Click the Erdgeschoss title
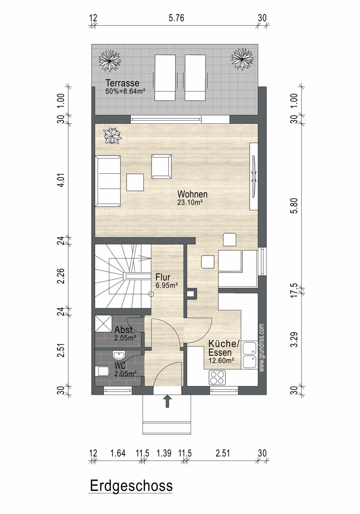click(131, 486)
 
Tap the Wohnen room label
click(192, 194)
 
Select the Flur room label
click(163, 277)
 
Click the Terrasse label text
click(122, 83)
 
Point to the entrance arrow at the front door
click(167, 401)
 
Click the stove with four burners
click(217, 377)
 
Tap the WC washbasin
click(118, 355)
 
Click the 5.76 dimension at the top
click(176, 18)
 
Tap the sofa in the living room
click(108, 181)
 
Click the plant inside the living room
click(112, 136)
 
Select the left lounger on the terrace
click(165, 78)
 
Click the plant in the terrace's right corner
click(242, 59)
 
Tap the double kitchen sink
click(250, 355)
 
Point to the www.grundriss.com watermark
click(261, 348)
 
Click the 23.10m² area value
click(190, 202)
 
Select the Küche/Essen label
click(224, 348)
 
